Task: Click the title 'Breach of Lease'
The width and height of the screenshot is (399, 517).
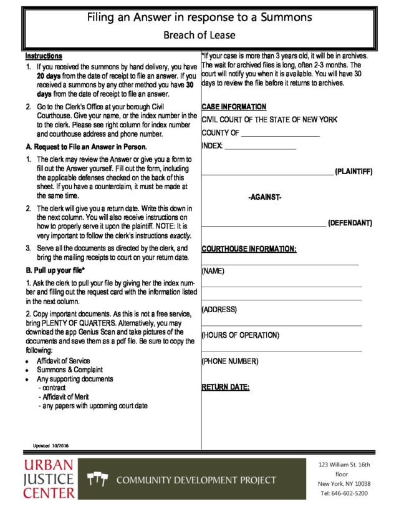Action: [199, 36]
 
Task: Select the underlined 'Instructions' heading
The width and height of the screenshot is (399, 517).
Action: [44, 56]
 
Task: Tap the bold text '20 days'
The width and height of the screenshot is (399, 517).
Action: [49, 76]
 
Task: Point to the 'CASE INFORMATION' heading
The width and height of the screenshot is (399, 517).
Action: [234, 107]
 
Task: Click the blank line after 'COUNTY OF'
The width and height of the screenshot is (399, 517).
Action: [280, 134]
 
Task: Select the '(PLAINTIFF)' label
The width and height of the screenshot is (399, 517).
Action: [353, 171]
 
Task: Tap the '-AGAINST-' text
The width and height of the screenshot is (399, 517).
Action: [265, 197]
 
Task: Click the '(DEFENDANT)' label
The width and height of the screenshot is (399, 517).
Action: [350, 223]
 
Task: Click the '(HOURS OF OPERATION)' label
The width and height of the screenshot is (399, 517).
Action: [240, 335]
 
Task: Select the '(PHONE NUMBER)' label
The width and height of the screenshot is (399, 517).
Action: [229, 362]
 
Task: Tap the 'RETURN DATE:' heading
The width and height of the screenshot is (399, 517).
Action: [225, 387]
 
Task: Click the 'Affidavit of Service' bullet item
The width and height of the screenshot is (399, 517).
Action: [63, 361]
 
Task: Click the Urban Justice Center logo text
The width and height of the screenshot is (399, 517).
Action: [49, 479]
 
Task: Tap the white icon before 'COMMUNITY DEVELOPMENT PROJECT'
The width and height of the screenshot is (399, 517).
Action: [98, 480]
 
